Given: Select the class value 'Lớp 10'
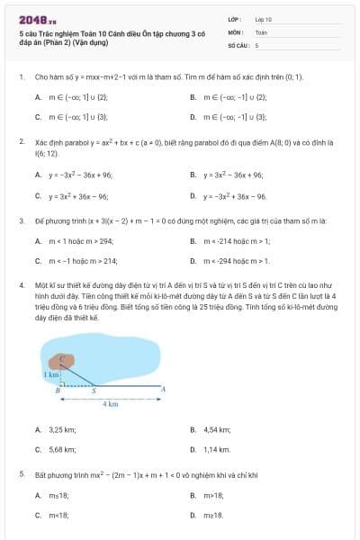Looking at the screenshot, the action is [x=263, y=19].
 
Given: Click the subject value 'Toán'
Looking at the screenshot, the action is [x=261, y=31].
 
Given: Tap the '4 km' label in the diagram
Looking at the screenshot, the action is [x=111, y=404].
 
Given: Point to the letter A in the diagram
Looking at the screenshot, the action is [x=162, y=389].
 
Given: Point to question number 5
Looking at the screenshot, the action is [x=21, y=473].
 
